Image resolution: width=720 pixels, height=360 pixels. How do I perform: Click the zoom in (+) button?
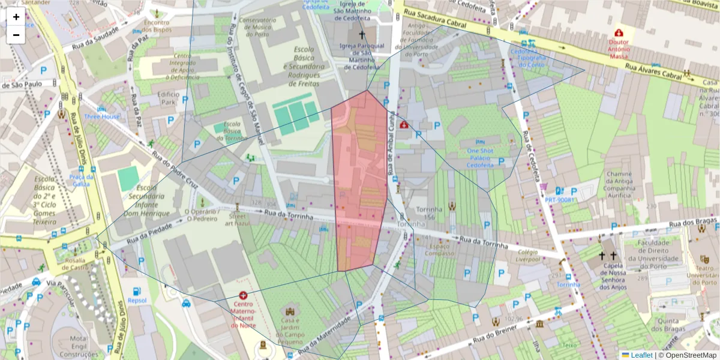(x=16, y=17)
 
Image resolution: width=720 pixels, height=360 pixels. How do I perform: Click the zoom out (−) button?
(x=16, y=35)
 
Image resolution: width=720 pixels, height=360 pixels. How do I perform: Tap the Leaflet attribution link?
(x=641, y=355)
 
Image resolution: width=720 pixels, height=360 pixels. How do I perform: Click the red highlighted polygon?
(x=360, y=180)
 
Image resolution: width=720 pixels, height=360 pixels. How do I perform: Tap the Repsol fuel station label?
(x=137, y=302)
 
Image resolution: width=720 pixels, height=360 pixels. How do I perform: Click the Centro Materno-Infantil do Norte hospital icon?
(x=243, y=295)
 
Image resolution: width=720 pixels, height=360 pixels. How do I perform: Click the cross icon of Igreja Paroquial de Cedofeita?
(x=361, y=35)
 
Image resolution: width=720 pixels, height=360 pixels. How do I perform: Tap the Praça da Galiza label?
(x=82, y=180)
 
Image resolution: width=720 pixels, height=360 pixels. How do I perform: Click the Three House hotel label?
(x=101, y=116)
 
